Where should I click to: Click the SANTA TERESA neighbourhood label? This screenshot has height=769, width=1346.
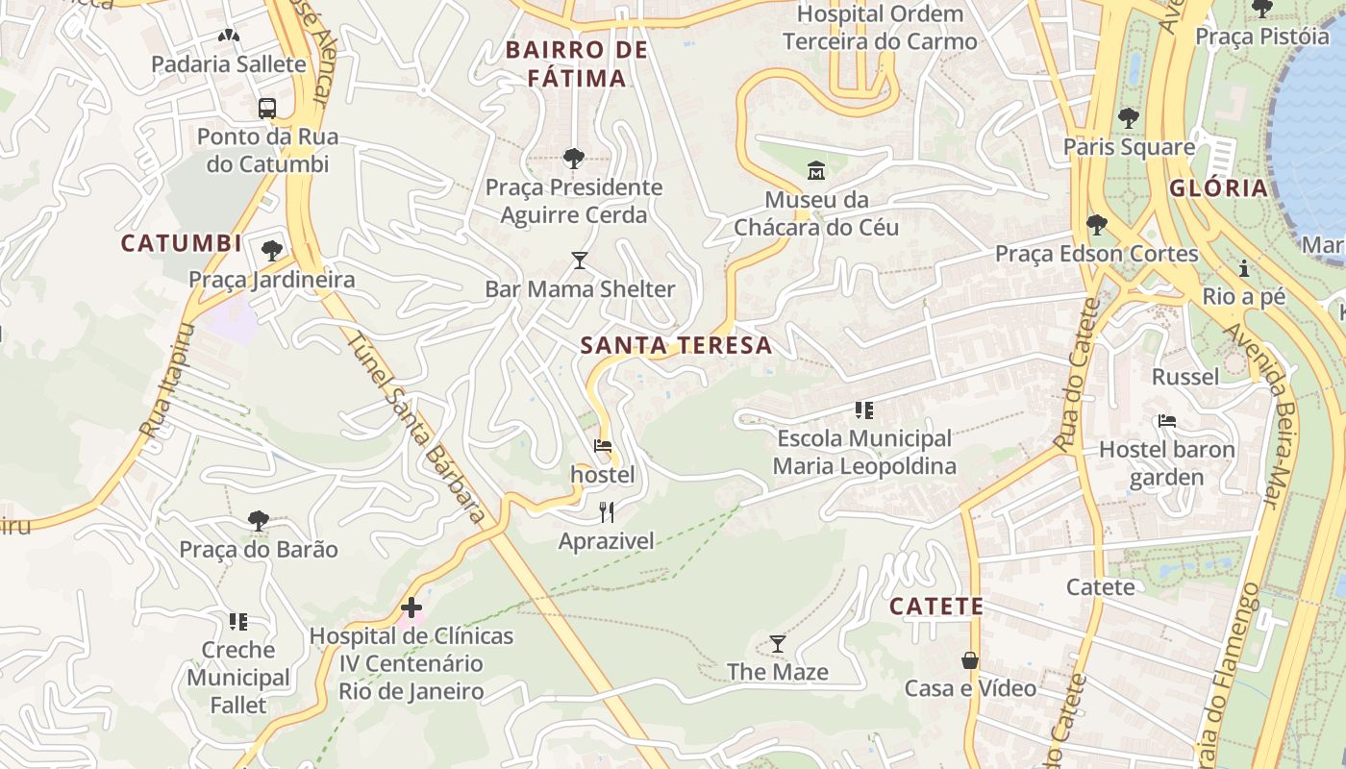click(677, 346)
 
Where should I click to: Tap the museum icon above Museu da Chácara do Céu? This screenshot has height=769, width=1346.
click(816, 171)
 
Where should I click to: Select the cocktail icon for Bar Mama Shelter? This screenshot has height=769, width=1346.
click(579, 260)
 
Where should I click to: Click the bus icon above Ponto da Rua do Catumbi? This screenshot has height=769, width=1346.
click(267, 108)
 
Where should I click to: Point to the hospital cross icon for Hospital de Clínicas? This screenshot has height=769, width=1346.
click(411, 608)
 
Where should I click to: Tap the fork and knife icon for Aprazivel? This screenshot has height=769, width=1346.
click(606, 511)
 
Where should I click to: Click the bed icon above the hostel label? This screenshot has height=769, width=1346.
click(603, 446)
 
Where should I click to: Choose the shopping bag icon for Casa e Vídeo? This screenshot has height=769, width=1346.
click(970, 660)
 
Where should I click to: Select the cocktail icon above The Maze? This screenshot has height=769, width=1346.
click(777, 643)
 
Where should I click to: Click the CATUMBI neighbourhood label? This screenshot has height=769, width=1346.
click(182, 244)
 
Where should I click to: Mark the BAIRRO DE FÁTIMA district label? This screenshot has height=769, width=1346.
click(577, 63)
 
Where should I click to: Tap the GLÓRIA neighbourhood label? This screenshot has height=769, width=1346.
click(1219, 188)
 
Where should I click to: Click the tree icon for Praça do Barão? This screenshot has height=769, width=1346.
click(258, 521)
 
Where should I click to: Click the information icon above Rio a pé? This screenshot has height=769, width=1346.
click(1243, 268)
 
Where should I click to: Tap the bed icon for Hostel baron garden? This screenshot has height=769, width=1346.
click(1166, 421)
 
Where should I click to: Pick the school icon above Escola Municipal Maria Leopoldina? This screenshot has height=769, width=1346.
click(863, 410)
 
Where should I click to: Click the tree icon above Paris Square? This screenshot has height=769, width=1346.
click(1129, 118)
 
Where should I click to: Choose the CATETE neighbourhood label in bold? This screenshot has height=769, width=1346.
click(935, 607)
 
